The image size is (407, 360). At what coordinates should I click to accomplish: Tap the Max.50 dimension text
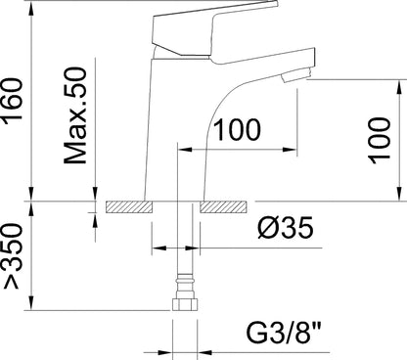pos(75,115)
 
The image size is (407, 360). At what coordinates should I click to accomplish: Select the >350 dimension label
pos(13,256)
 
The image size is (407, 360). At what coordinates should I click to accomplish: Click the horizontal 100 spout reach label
pos(237,130)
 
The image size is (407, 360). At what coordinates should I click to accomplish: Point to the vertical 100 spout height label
pos(380,141)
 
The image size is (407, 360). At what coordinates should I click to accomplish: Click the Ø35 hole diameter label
pos(286,227)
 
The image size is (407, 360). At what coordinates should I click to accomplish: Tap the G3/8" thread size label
pos(284,333)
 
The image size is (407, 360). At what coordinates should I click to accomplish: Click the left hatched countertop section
pos(129,207)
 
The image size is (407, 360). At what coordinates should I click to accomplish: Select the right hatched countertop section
pos(223,207)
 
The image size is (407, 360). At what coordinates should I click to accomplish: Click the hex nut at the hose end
pos(185,303)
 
